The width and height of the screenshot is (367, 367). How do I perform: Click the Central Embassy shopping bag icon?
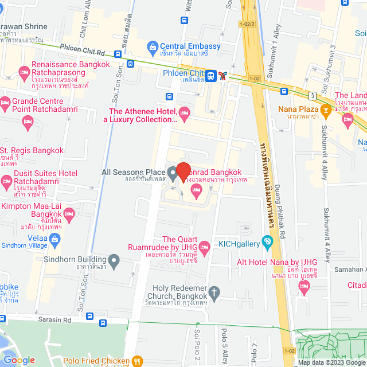[x=153, y=46]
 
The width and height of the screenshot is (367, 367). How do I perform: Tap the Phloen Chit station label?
[x=183, y=73]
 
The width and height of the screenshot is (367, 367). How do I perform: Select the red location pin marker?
[x=183, y=171]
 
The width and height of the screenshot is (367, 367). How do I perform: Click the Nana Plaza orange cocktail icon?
[x=325, y=109]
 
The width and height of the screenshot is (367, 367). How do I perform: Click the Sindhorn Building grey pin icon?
[x=114, y=263]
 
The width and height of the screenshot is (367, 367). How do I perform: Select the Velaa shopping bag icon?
[x=55, y=241]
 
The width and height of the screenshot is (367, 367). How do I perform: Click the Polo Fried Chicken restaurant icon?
[x=137, y=361]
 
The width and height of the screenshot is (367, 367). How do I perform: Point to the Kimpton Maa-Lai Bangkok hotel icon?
[x=70, y=214]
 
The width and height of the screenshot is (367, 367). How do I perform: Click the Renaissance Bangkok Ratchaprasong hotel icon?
[x=24, y=73]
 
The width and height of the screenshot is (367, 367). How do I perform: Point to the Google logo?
[x=19, y=360]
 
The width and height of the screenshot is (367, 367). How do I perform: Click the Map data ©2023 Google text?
[x=330, y=362]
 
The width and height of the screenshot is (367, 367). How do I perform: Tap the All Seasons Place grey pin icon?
[x=173, y=171]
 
